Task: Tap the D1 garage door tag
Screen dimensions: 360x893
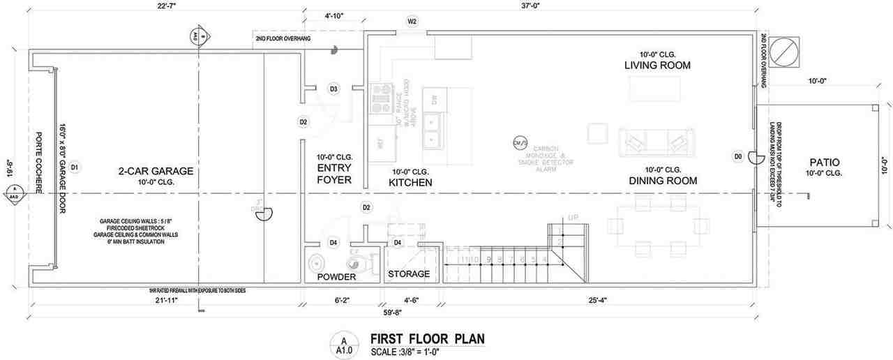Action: [75, 167]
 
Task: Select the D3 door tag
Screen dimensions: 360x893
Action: [334, 89]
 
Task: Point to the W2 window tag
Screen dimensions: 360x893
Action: [412, 22]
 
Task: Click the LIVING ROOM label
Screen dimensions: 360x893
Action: [657, 66]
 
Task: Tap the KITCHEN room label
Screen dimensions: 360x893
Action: [410, 182]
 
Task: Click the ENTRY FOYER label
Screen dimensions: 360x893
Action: [333, 174]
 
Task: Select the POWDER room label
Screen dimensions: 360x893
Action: [336, 277]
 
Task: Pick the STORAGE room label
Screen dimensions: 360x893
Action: [409, 273]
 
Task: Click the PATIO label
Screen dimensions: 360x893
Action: [824, 161]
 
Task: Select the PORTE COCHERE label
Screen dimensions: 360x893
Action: [40, 167]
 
